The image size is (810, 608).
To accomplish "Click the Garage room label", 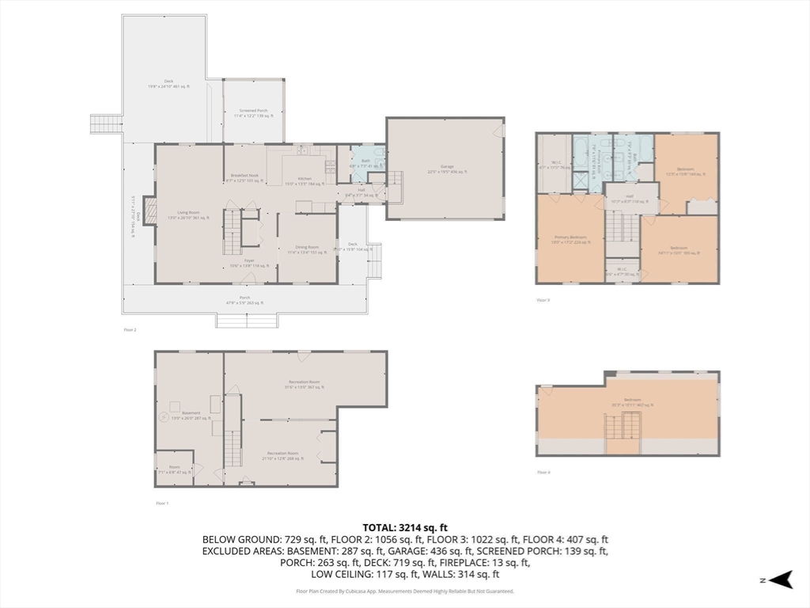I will (x=447, y=168).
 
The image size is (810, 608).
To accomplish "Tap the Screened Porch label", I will (x=254, y=114).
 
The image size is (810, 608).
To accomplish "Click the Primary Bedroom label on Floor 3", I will (x=570, y=238).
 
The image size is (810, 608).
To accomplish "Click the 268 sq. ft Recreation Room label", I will (x=282, y=455).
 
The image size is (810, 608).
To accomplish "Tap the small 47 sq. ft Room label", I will (x=174, y=470).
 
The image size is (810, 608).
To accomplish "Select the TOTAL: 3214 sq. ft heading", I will (x=405, y=526).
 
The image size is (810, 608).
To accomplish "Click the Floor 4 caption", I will (x=543, y=472).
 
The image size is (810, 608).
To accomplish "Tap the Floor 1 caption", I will (x=162, y=503).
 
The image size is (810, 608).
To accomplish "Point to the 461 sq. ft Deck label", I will (x=168, y=83).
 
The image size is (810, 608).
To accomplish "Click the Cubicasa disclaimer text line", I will (x=405, y=591).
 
